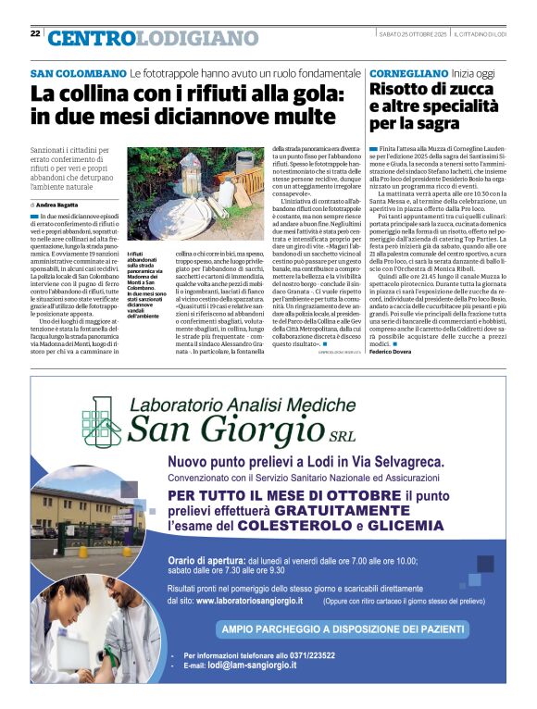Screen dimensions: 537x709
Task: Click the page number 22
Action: pos(35,33)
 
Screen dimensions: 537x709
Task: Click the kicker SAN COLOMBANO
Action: pos(77,73)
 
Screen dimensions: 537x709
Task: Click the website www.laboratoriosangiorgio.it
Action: pos(263,601)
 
